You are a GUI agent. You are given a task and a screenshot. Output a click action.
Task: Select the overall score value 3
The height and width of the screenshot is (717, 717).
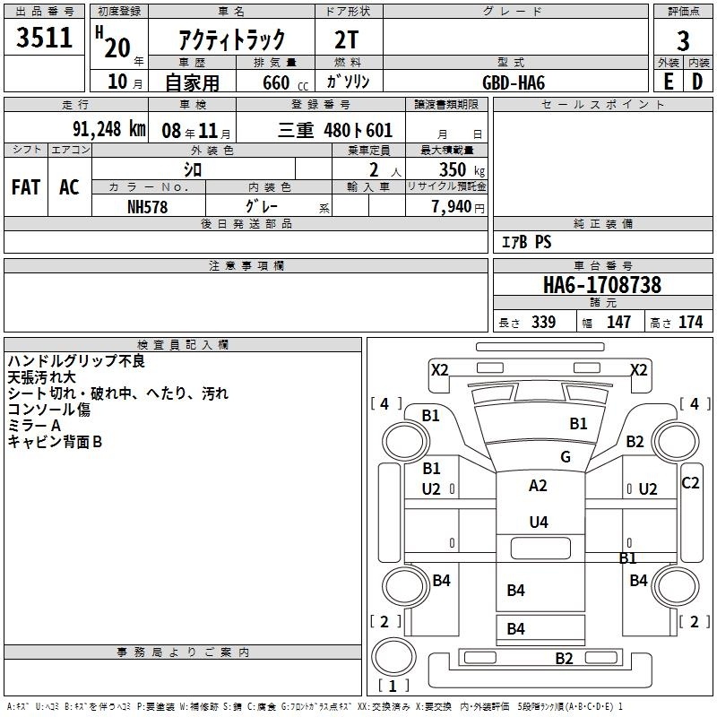[683, 41]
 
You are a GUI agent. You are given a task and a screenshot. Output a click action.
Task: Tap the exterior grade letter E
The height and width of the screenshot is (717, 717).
[668, 81]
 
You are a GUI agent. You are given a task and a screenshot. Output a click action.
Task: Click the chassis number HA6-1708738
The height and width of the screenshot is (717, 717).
[602, 285]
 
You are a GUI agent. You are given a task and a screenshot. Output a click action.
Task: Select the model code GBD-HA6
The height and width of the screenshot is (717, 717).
[514, 82]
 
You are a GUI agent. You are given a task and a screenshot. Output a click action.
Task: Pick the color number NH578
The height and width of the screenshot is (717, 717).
[148, 206]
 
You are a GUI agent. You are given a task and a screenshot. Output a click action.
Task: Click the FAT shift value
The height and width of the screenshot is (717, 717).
[26, 186]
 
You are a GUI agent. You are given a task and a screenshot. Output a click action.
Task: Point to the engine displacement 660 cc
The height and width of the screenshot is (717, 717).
[269, 82]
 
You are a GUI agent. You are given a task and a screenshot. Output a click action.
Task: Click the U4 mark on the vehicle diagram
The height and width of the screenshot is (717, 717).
[538, 522]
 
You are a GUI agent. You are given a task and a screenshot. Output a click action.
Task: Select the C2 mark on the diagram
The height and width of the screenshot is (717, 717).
[690, 483]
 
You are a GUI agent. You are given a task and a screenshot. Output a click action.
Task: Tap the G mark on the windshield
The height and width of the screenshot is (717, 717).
[566, 457]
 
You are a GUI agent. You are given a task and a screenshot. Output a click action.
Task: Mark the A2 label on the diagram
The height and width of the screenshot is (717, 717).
[538, 486]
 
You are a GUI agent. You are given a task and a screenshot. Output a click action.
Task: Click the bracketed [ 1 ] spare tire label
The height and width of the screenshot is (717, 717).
[392, 687]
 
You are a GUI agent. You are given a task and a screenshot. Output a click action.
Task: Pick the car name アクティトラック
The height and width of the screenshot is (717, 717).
[232, 39]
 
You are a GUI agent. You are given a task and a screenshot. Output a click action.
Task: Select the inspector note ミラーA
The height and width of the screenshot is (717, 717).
[34, 426]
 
